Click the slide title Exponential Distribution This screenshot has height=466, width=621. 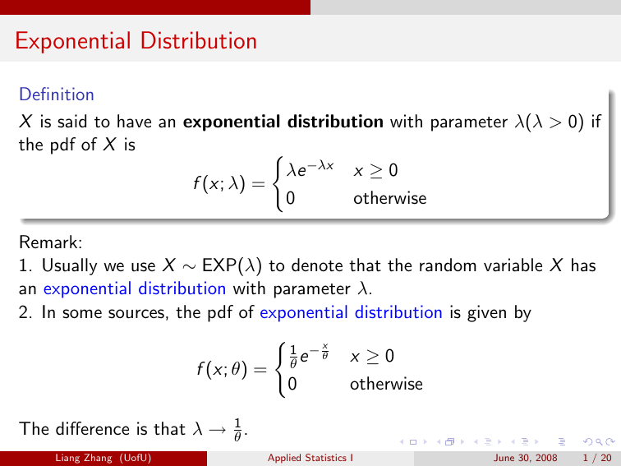click(136, 40)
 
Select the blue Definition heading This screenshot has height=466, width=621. click(57, 95)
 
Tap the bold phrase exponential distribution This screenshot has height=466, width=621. click(283, 122)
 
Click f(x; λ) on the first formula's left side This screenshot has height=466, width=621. click(230, 185)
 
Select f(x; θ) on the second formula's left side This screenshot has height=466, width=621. click(230, 371)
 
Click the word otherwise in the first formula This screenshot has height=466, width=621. click(390, 198)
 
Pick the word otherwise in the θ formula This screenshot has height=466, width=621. click(387, 384)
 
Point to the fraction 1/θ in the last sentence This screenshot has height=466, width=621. click(238, 428)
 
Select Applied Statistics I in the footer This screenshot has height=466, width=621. click(310, 458)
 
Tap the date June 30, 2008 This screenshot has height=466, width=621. click(525, 458)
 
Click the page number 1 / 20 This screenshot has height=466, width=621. click(596, 458)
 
